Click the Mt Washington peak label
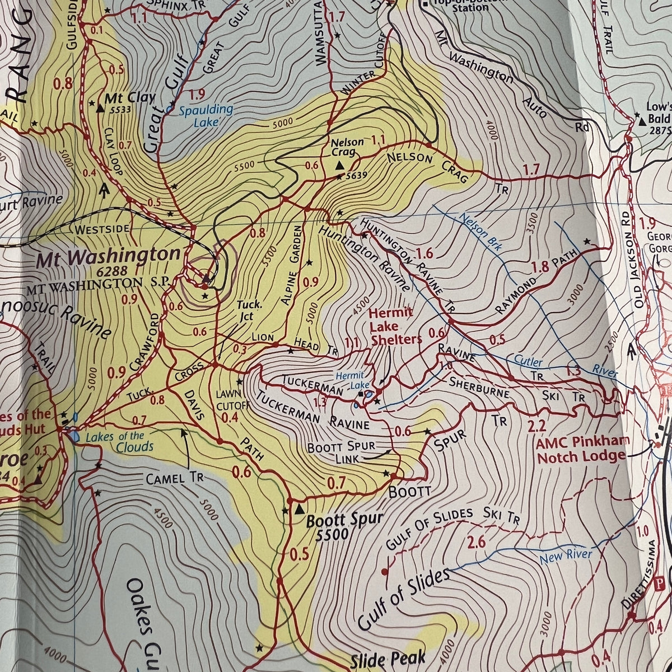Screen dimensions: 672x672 (109, 256)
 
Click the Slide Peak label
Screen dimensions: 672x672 (388, 659)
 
